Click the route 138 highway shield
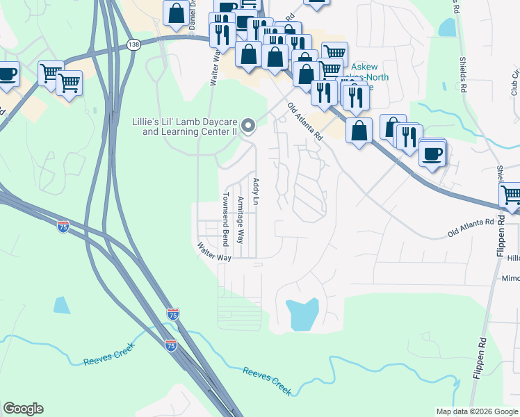pos(133,44)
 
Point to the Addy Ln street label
pos(256,191)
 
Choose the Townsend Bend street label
pos(225,219)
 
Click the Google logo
pos(23,409)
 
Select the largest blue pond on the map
pos(302,313)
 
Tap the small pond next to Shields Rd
pos(448,27)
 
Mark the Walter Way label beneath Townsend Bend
pos(213,252)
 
